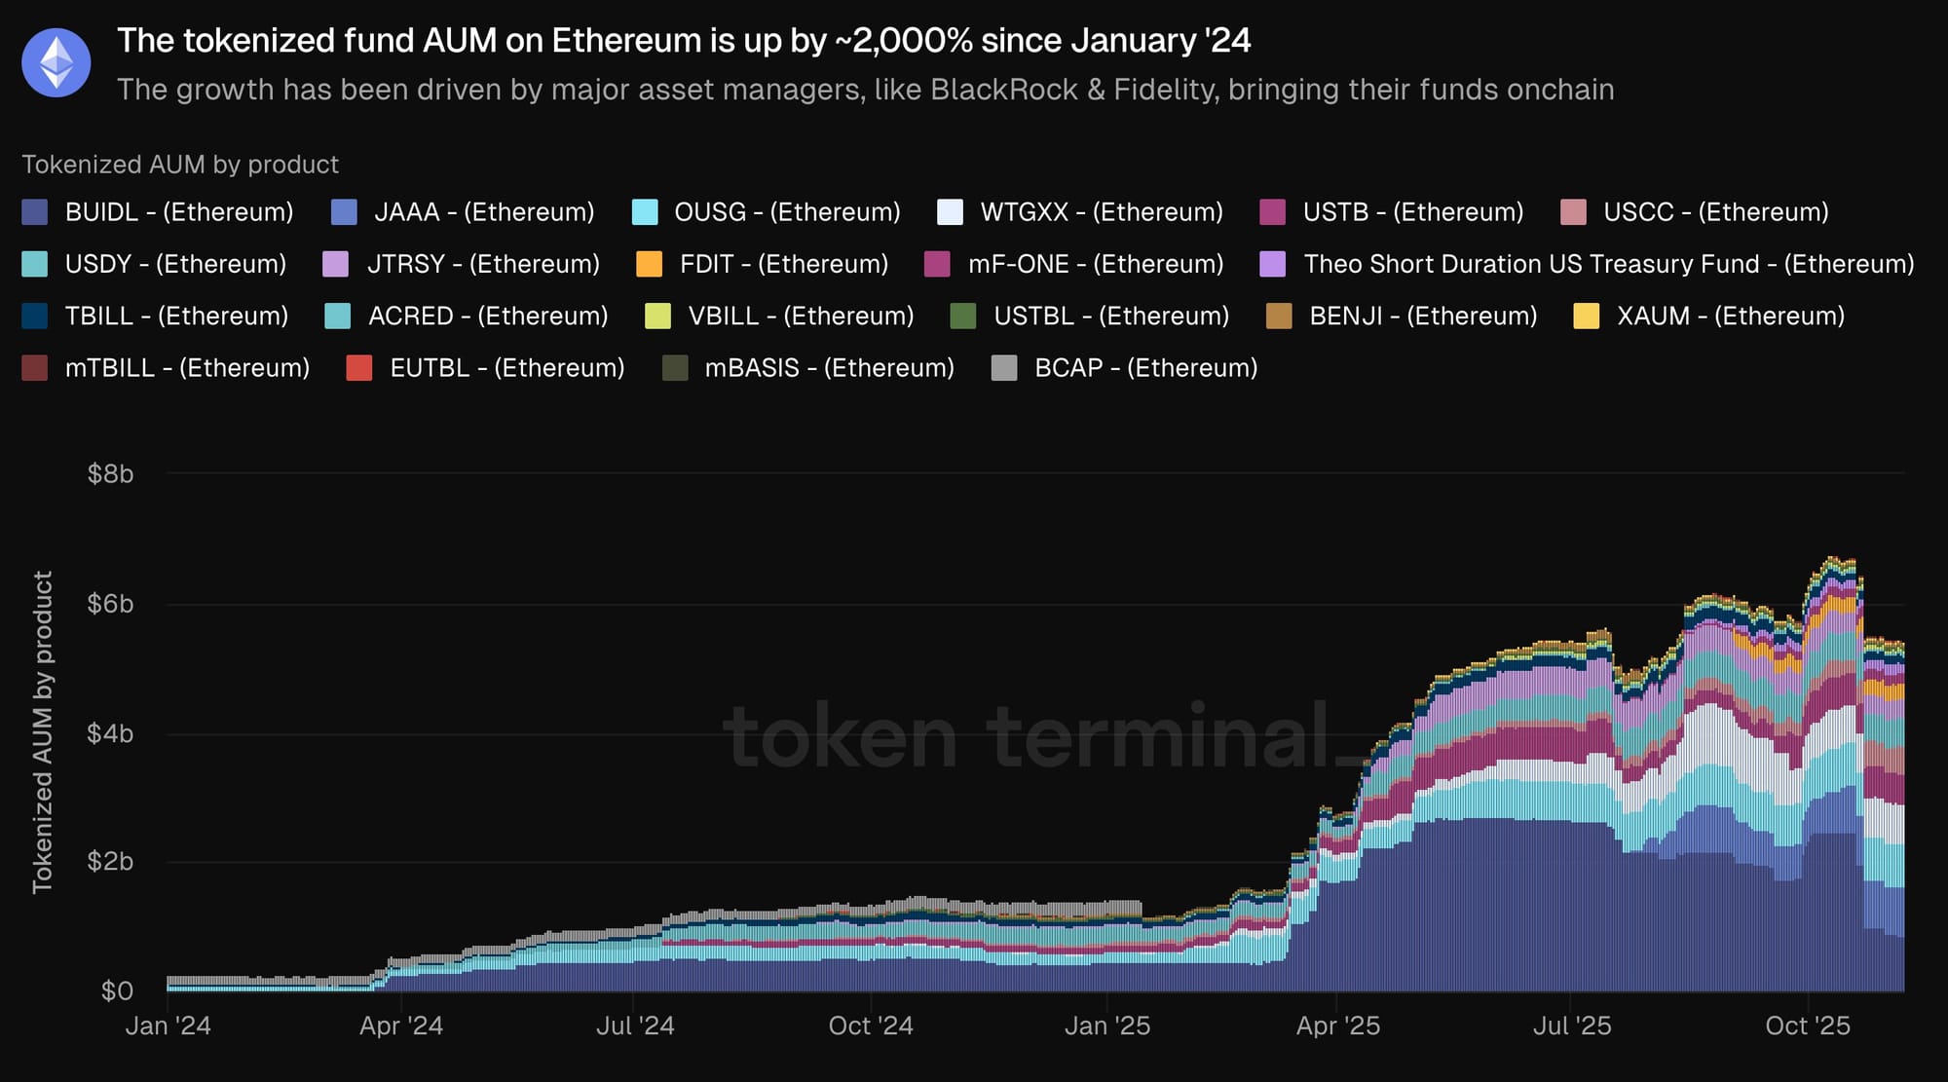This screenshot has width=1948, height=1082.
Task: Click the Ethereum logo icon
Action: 56,62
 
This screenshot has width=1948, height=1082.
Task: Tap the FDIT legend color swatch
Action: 649,264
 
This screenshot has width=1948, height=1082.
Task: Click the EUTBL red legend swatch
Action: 359,368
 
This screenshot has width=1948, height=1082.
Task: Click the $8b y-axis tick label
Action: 110,474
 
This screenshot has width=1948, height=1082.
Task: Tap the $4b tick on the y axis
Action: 110,733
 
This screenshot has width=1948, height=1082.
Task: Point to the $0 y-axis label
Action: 117,991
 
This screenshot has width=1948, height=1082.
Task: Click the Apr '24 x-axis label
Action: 401,1026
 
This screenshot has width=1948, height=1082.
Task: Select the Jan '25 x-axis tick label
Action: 1107,1026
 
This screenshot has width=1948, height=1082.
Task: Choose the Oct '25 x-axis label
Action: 1808,1026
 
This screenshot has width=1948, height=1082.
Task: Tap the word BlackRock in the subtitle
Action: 1004,90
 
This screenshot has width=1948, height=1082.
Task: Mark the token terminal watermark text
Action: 1028,736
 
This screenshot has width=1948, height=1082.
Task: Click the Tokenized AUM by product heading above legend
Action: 180,165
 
